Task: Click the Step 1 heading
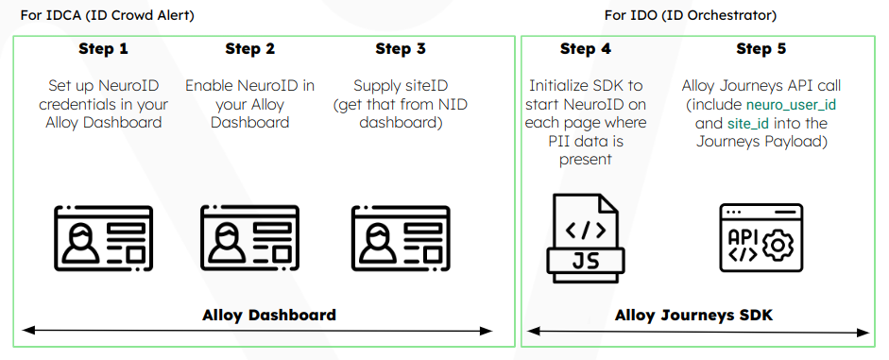tap(103, 49)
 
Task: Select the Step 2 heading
tap(250, 49)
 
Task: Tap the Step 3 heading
tap(401, 49)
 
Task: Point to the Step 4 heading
tap(586, 49)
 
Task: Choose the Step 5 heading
tap(761, 49)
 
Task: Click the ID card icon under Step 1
tap(103, 239)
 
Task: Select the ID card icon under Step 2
tap(250, 239)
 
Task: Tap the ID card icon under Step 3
tap(401, 239)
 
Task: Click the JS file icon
tap(586, 238)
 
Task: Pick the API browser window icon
tap(761, 238)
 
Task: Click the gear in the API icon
tap(778, 245)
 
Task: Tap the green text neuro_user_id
tap(792, 105)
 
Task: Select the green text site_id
tap(748, 124)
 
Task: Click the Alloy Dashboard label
tap(269, 315)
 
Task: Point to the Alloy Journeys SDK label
tap(694, 315)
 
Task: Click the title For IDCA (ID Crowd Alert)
tap(107, 15)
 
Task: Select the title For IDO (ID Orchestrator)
tap(691, 15)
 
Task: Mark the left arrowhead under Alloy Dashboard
tap(28, 331)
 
